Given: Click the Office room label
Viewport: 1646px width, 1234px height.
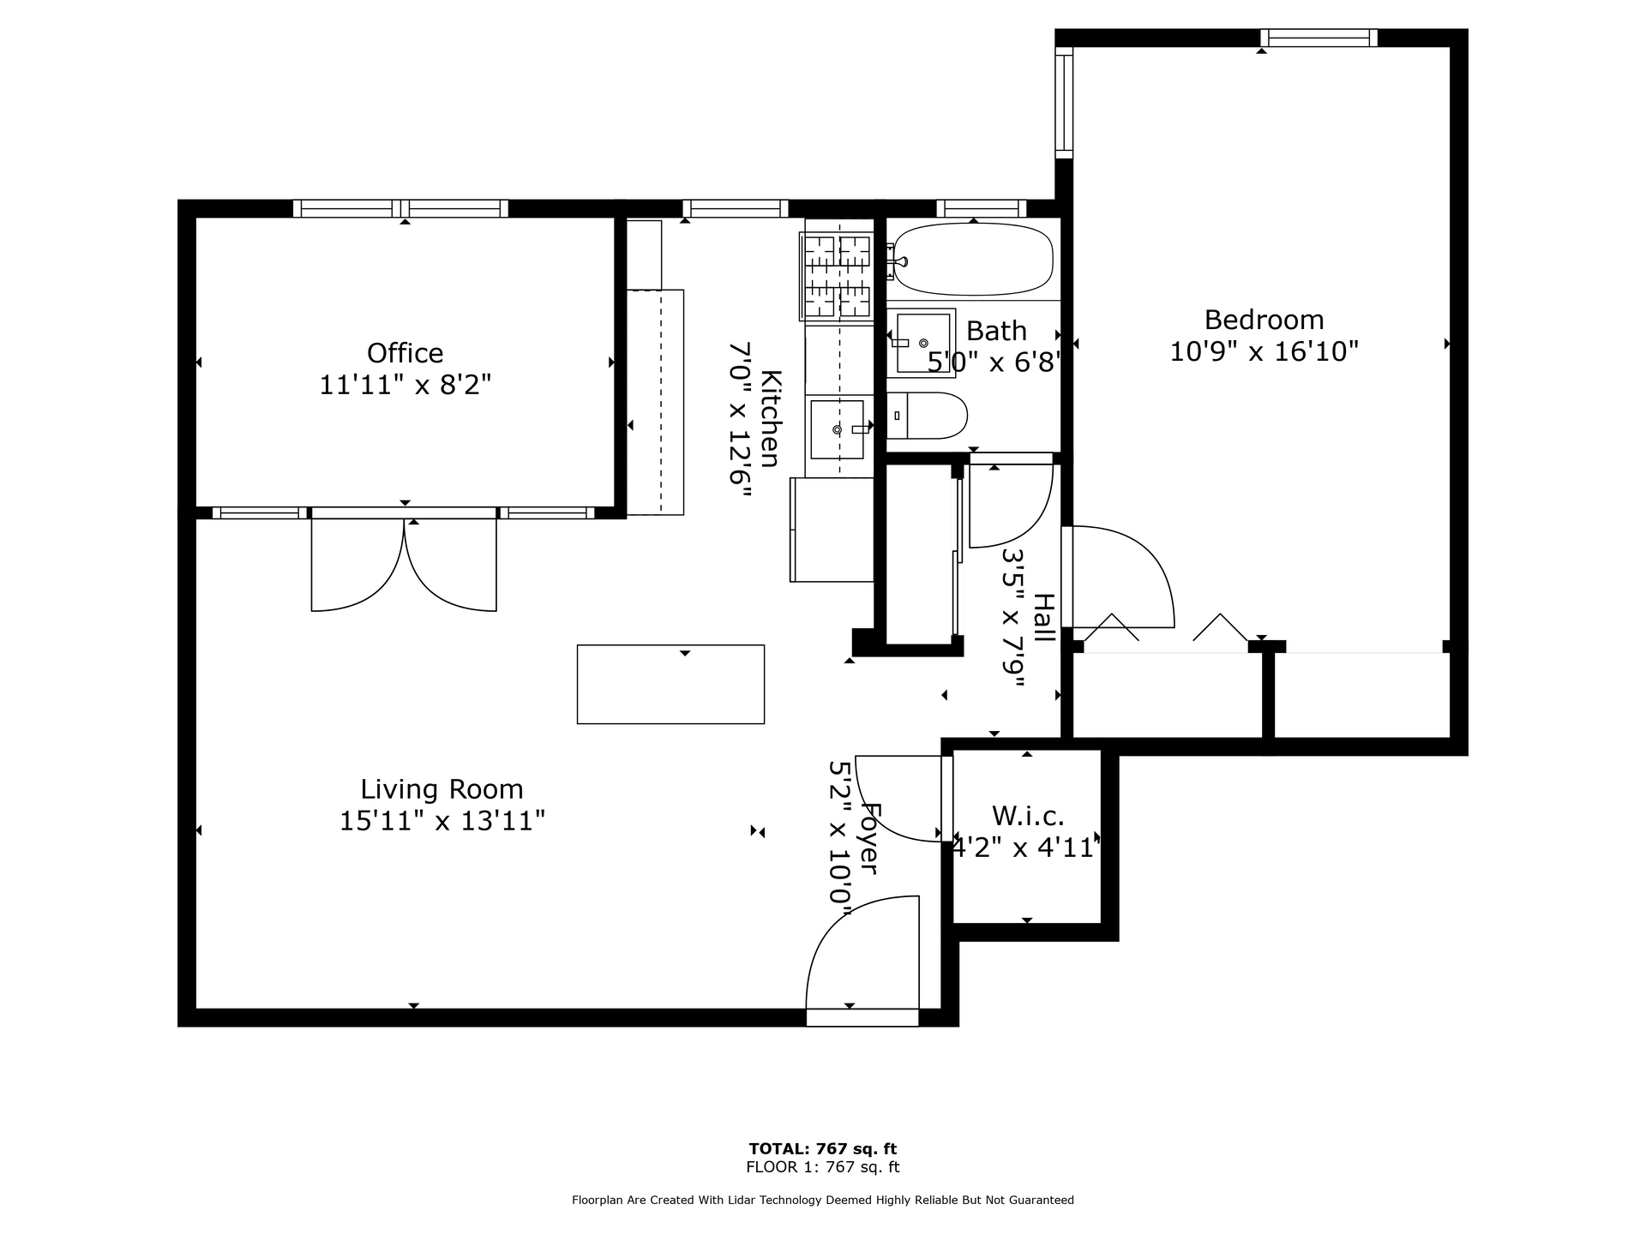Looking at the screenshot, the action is pos(405,353).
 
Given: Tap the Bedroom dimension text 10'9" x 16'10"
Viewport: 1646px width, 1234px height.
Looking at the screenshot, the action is pos(1265,351).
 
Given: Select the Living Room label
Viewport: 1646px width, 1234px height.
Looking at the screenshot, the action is pos(442,789).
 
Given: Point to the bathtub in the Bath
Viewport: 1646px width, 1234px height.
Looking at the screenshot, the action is pos(973,259).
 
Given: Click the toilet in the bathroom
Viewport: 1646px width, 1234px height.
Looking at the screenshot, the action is pos(927,416).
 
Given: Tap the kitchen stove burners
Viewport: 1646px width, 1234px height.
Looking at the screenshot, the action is pos(837,277).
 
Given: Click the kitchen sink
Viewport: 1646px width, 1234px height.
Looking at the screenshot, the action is pos(838,428).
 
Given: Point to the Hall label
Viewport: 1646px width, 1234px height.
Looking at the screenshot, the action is pos(1043,618).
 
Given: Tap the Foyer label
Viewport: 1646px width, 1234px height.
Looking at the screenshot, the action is pos(868,839).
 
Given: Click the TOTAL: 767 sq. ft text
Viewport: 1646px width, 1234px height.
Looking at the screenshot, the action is pos(823,1149).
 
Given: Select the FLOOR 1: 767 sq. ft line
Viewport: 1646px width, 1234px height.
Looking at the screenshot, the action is pos(823,1167).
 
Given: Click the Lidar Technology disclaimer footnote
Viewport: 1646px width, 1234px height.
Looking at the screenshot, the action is pos(823,1201).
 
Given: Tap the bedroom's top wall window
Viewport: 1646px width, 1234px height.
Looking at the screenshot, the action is pos(1319,38).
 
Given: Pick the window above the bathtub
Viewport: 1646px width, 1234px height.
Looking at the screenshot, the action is pos(982,208).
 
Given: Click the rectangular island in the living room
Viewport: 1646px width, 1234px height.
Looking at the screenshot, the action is pos(670,684).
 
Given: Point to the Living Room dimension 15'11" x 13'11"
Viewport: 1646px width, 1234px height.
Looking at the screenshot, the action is pos(442,821).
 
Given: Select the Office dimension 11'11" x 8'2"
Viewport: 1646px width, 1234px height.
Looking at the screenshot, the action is pos(405,385).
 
